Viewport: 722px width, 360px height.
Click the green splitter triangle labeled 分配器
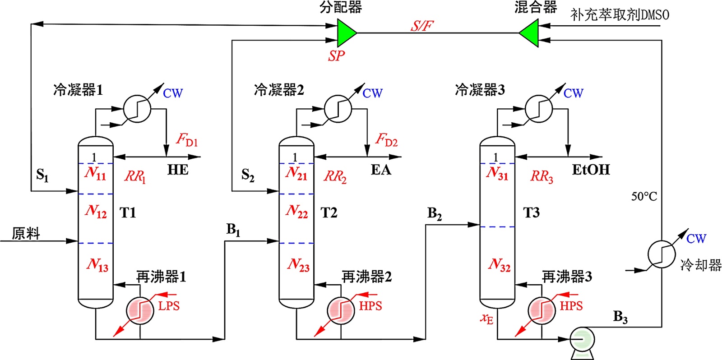(x=346, y=33)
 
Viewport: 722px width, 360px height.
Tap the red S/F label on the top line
(x=421, y=26)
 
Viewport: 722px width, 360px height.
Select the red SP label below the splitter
(x=336, y=56)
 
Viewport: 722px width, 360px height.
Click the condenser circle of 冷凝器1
(x=137, y=109)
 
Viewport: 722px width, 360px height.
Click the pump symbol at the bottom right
(x=582, y=340)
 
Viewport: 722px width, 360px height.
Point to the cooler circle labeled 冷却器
(x=662, y=254)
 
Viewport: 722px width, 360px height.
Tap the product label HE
(x=178, y=170)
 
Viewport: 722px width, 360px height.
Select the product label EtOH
(x=591, y=170)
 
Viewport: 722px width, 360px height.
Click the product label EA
(x=381, y=170)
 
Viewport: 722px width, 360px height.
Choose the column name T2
(x=329, y=212)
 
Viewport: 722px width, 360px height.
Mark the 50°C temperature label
(x=644, y=196)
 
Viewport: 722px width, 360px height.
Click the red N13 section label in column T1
(x=97, y=265)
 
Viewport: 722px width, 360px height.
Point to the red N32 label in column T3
(x=499, y=265)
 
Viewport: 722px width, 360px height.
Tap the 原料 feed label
(x=26, y=233)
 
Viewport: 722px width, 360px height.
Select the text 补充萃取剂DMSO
(x=620, y=15)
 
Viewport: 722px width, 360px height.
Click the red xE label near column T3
(x=486, y=318)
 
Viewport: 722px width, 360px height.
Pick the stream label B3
(x=620, y=317)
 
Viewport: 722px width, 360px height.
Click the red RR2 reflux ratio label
(x=335, y=176)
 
